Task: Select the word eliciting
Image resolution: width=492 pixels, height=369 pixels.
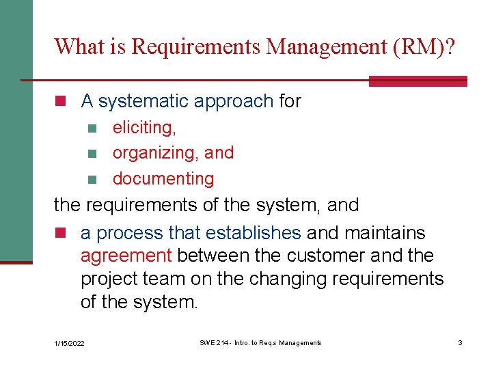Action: pos(144,127)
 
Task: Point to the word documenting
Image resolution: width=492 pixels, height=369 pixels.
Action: pos(163,179)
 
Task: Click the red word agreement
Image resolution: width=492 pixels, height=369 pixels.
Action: pos(126,256)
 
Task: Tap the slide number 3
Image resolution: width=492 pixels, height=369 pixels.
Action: pos(460,342)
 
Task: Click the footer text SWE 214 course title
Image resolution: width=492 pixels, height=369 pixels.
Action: pos(260,342)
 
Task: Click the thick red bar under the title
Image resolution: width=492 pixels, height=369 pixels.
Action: pos(418,81)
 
